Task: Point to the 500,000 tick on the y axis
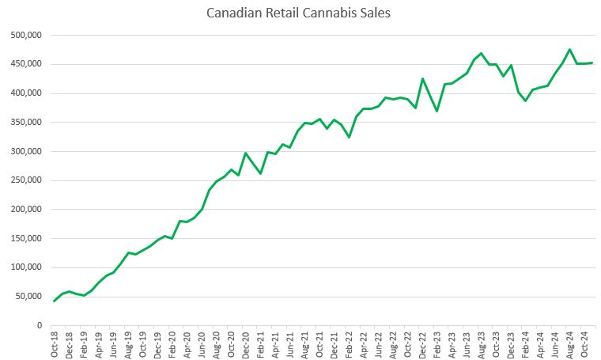(25, 36)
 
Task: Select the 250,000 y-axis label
(25, 180)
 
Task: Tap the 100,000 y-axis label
(25, 267)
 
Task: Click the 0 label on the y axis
(38, 325)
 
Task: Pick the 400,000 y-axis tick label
(25, 93)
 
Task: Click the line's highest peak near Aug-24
(569, 49)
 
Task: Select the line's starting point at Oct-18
(55, 301)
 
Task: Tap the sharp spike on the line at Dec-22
(422, 78)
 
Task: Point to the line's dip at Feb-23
(437, 111)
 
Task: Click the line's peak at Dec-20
(246, 153)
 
